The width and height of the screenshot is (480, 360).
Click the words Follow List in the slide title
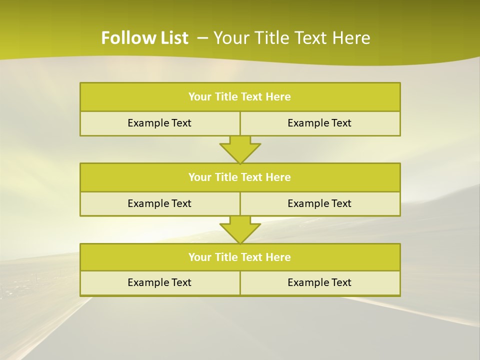click(x=144, y=38)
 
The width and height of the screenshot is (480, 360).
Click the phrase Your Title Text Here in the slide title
click(x=291, y=38)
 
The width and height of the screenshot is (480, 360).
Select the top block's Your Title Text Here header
click(x=239, y=97)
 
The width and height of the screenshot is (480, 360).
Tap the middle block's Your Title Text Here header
click(x=239, y=177)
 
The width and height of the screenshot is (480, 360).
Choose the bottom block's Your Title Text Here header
click(x=239, y=257)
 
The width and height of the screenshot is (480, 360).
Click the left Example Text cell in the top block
click(x=159, y=123)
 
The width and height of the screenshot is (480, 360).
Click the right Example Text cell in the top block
click(x=319, y=123)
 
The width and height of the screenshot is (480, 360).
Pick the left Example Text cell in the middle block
click(x=159, y=203)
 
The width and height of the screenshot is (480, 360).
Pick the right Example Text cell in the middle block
click(x=319, y=203)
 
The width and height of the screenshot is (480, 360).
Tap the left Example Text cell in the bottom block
click(x=159, y=282)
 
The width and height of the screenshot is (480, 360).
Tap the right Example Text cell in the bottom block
click(x=319, y=282)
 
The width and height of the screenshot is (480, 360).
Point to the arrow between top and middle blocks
click(x=240, y=149)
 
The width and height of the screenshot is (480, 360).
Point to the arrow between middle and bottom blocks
click(x=240, y=230)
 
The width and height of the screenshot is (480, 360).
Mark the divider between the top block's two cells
click(x=240, y=123)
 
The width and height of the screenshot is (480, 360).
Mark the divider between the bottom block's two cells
click(x=240, y=283)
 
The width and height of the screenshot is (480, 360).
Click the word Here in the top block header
click(x=278, y=97)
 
